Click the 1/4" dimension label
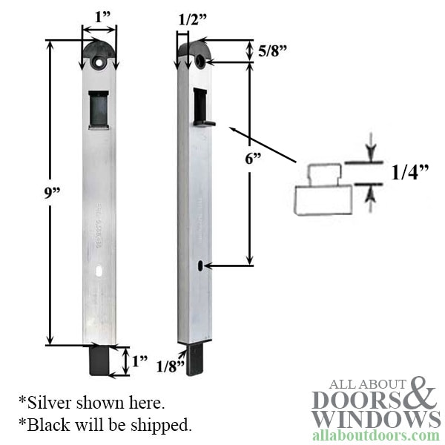tap(410, 173)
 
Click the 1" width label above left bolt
tap(99, 16)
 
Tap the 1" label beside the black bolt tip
tap(139, 363)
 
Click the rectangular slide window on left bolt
tap(98, 109)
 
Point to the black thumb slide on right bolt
tap(201, 109)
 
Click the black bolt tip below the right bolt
tap(195, 359)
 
